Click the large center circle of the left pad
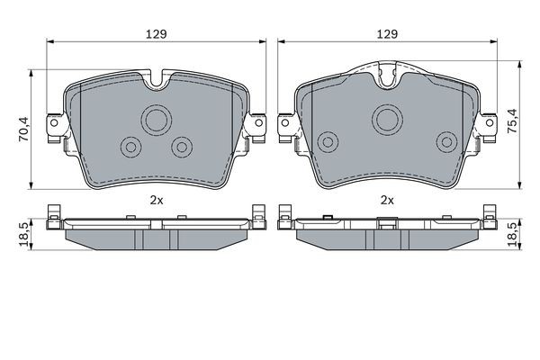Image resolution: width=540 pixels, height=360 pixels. coord(157,119)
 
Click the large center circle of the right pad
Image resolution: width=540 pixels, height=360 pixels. coord(388,117)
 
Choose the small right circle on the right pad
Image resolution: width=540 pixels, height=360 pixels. coord(445,139)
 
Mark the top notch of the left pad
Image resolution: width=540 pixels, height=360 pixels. coord(157,80)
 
